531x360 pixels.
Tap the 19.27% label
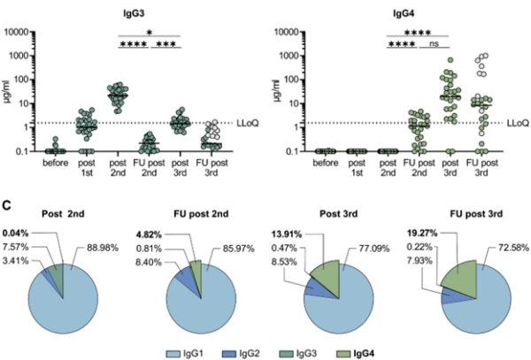tap(409, 223)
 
